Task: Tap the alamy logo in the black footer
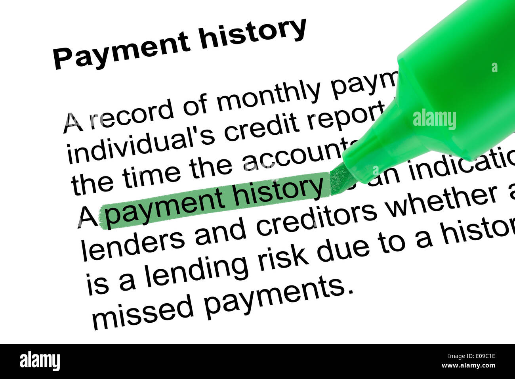tap(40, 361)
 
